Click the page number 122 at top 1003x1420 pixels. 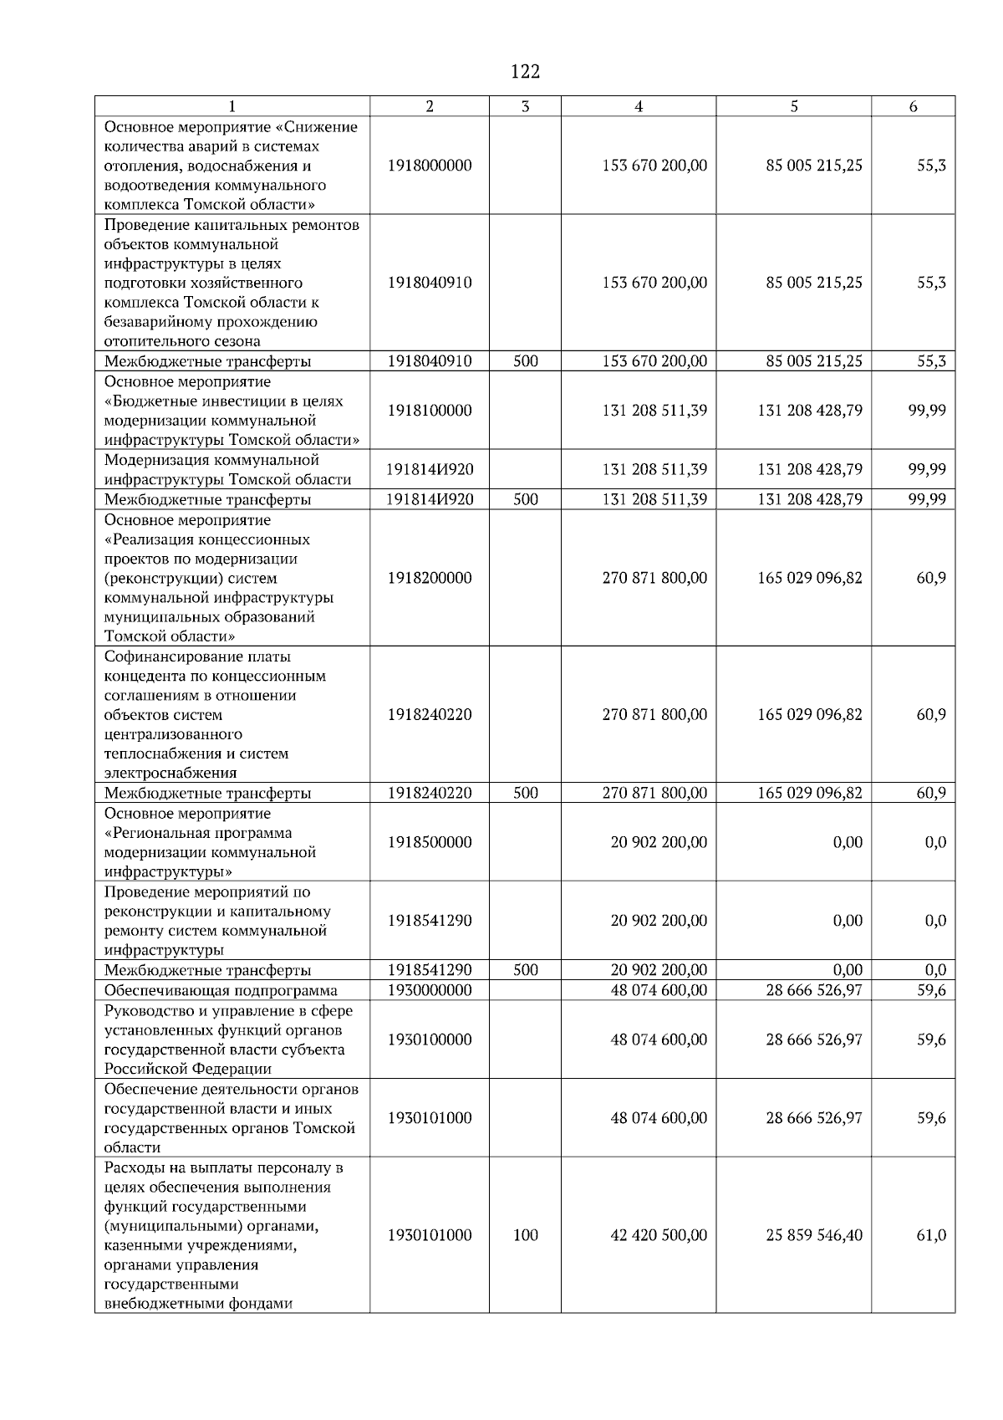click(525, 72)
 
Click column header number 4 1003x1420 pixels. click(639, 106)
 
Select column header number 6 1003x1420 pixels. click(913, 106)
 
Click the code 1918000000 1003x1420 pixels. click(430, 166)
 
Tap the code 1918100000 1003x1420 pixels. click(430, 411)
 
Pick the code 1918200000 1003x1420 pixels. click(430, 578)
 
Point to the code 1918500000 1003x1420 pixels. click(430, 842)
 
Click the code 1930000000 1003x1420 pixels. click(430, 990)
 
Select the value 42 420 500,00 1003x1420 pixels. click(659, 1235)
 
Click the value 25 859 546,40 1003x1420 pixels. click(814, 1235)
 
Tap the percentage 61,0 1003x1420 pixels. click(931, 1235)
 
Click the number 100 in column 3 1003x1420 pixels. click(525, 1235)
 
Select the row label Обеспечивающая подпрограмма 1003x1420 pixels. click(221, 991)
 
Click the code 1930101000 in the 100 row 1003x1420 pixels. click(430, 1235)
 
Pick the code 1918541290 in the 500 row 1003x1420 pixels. click(430, 970)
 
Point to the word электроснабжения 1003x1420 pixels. click(171, 773)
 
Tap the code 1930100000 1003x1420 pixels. click(430, 1039)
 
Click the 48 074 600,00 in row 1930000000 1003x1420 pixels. click(659, 990)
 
